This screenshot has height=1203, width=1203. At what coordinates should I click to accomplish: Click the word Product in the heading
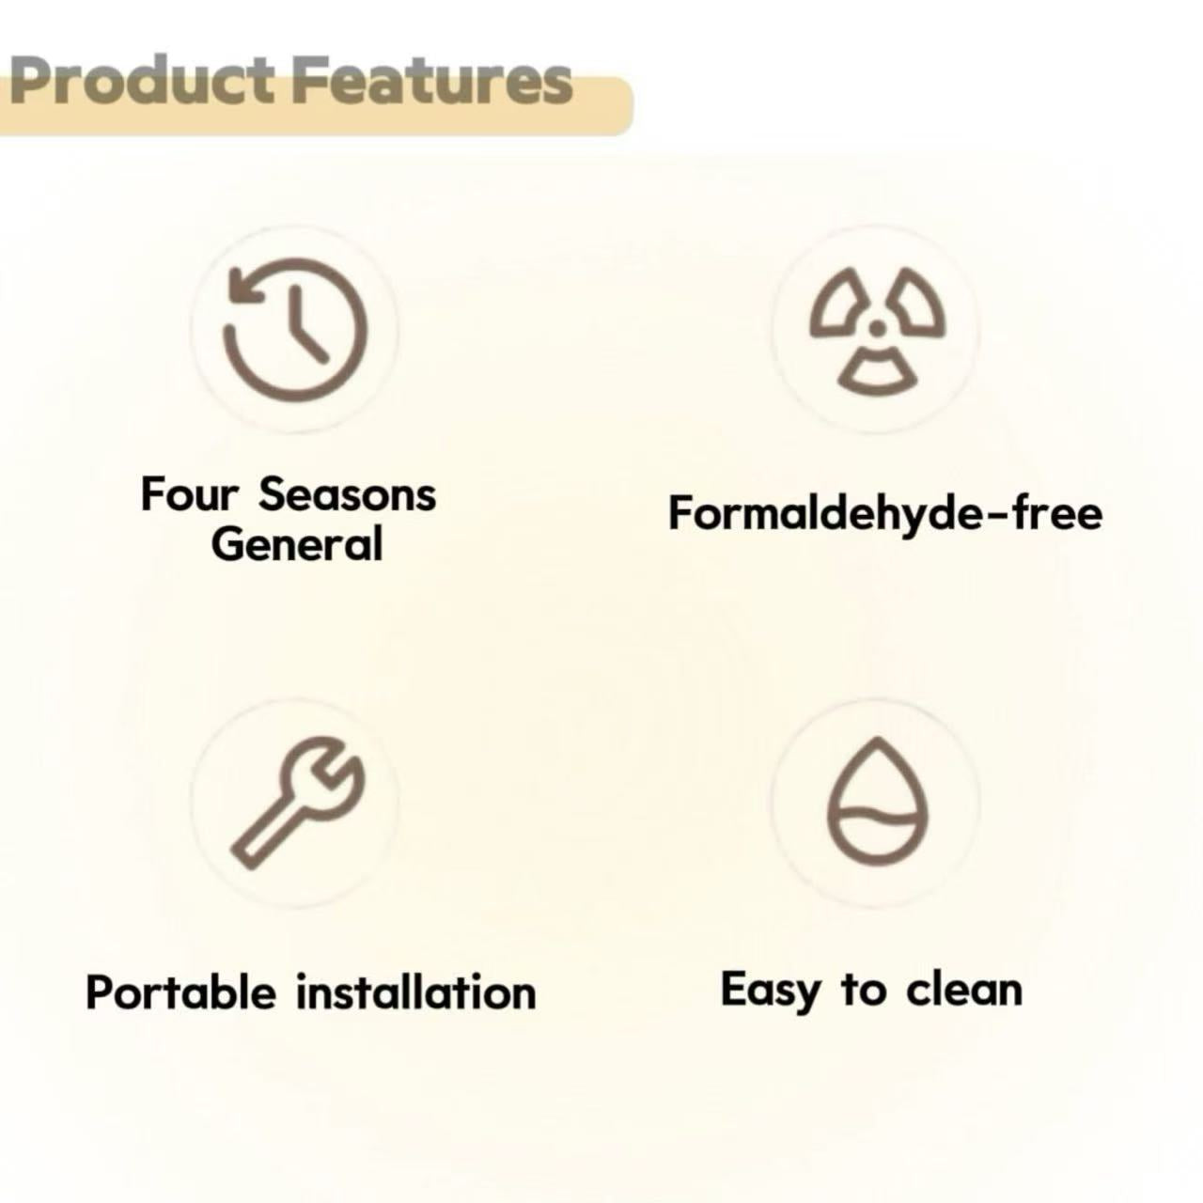[142, 81]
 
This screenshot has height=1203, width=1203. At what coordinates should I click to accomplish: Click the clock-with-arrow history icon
[296, 330]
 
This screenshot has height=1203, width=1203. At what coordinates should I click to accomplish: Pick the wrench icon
[297, 803]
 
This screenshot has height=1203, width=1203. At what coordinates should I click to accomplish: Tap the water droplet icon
[877, 804]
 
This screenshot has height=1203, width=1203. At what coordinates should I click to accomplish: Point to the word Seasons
[348, 495]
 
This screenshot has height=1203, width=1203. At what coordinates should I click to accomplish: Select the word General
[297, 544]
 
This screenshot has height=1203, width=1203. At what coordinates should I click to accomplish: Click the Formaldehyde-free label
[885, 516]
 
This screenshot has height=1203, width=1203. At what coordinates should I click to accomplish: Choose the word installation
[416, 992]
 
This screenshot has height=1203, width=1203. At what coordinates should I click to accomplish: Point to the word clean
[964, 990]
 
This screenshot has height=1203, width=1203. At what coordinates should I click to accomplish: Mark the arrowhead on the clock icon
[246, 289]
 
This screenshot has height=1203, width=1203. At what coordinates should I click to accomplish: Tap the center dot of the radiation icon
[877, 328]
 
